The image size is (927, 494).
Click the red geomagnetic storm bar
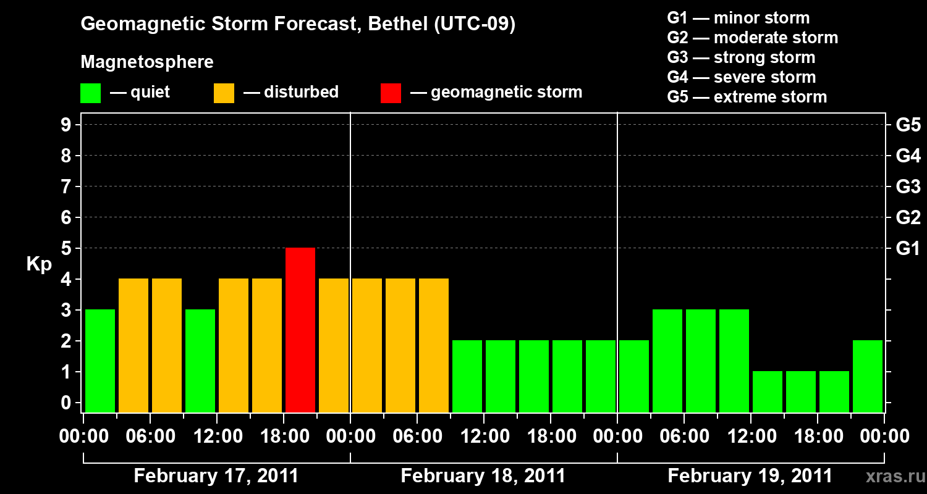tap(300, 330)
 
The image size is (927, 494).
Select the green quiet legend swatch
tap(90, 93)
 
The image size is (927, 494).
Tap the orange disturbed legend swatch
tap(224, 93)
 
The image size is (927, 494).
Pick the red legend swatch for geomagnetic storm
tap(391, 93)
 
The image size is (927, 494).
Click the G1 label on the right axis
tap(908, 249)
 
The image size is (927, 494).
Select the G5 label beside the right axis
tap(908, 125)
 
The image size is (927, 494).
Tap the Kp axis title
tap(39, 264)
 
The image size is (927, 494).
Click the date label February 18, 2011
tap(483, 476)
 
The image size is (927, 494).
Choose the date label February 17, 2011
tap(216, 476)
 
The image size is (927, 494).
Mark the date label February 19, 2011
tap(750, 476)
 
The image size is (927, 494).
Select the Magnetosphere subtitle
tap(147, 62)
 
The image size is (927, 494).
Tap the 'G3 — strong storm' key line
tap(741, 57)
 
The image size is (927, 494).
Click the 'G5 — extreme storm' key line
tap(747, 97)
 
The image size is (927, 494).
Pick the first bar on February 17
tap(100, 361)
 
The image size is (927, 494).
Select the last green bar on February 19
tap(868, 376)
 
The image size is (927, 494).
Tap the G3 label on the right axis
tap(908, 187)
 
